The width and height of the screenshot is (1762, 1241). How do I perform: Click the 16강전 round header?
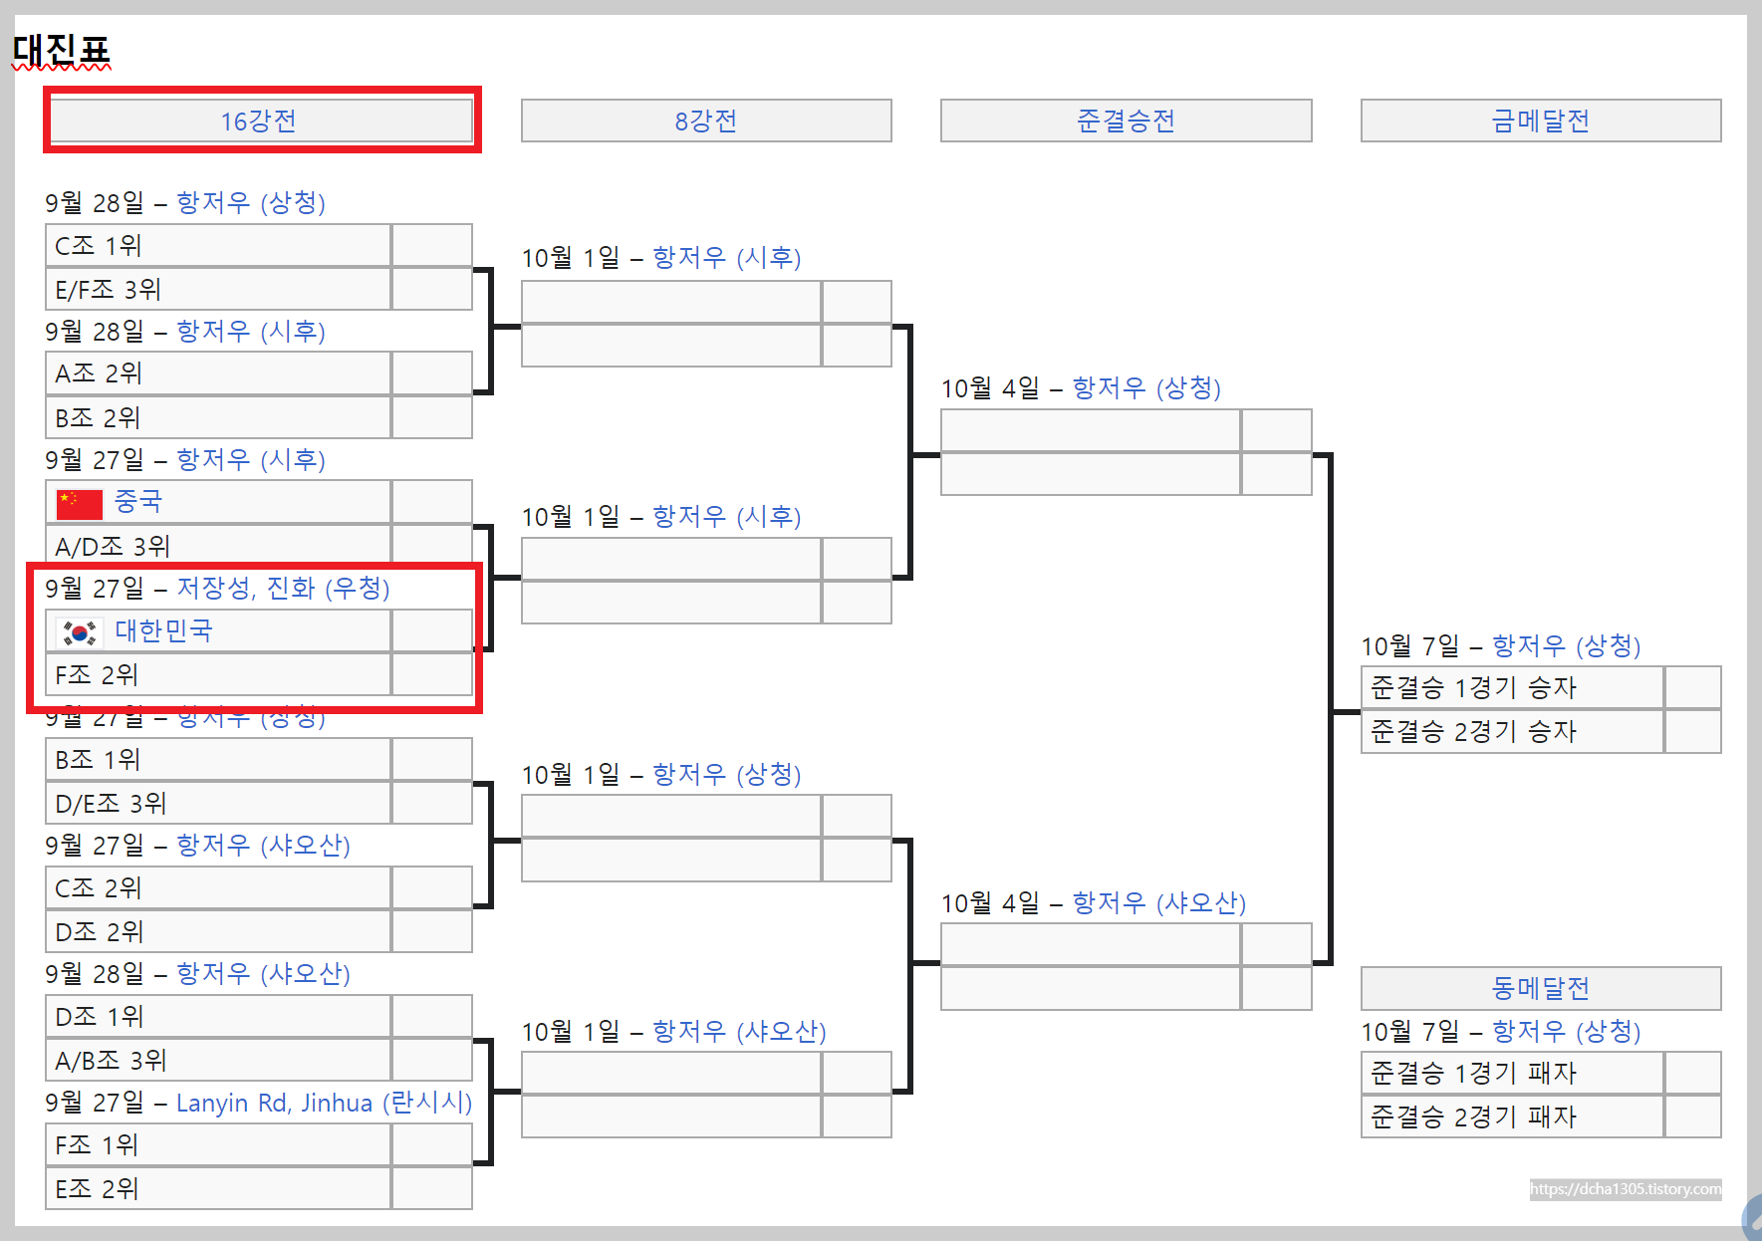click(x=259, y=121)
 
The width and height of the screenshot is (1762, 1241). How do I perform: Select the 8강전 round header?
click(x=705, y=121)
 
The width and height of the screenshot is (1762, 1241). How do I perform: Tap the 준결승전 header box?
click(x=1126, y=121)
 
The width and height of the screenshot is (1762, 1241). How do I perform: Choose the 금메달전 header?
click(x=1540, y=121)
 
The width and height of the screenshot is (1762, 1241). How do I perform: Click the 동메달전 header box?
click(x=1540, y=988)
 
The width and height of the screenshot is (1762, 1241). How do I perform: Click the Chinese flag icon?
click(x=80, y=504)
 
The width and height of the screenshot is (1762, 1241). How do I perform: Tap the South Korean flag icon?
click(x=80, y=632)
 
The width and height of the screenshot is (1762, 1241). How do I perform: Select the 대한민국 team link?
click(x=163, y=630)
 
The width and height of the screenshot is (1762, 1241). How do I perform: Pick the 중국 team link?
click(x=137, y=501)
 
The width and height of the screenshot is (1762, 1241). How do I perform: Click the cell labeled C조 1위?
click(x=217, y=245)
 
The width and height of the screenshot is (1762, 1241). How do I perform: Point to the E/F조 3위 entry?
click(x=217, y=290)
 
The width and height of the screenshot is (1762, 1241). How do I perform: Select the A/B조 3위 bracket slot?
click(x=217, y=1061)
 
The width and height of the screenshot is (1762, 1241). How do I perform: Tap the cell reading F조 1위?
click(x=217, y=1145)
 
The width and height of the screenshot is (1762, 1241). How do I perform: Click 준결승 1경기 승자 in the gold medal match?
click(x=1510, y=687)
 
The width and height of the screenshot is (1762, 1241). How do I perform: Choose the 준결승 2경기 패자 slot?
click(x=1510, y=1117)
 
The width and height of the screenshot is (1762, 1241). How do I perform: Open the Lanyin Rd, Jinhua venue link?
click(x=324, y=1103)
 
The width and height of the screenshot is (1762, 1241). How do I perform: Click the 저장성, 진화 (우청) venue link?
click(x=283, y=588)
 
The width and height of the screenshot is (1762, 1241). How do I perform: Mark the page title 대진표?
click(x=61, y=49)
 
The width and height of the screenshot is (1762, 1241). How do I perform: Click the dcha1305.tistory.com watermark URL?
click(x=1625, y=1189)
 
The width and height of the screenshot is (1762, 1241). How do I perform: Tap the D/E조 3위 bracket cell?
click(x=217, y=804)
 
